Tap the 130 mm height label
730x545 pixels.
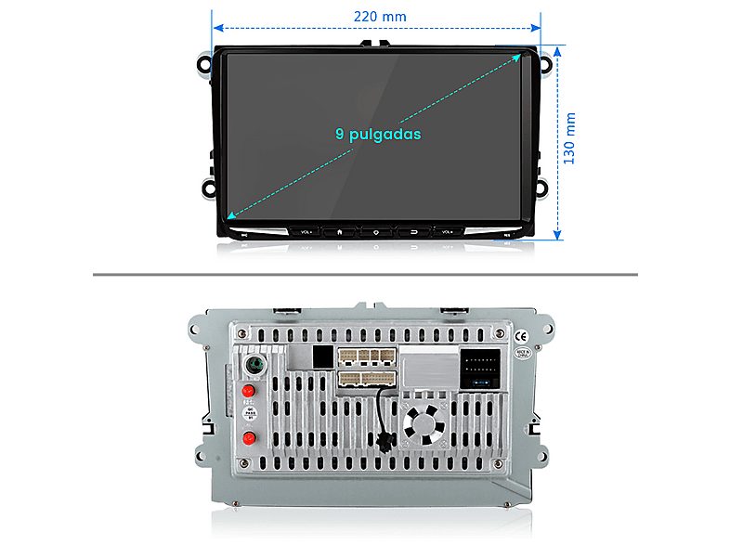point(570,139)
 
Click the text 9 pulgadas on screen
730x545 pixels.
point(378,134)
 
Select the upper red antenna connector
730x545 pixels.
point(248,391)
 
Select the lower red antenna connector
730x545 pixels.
point(248,438)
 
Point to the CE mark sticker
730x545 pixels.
point(521,336)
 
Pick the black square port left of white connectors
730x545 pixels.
point(322,356)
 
